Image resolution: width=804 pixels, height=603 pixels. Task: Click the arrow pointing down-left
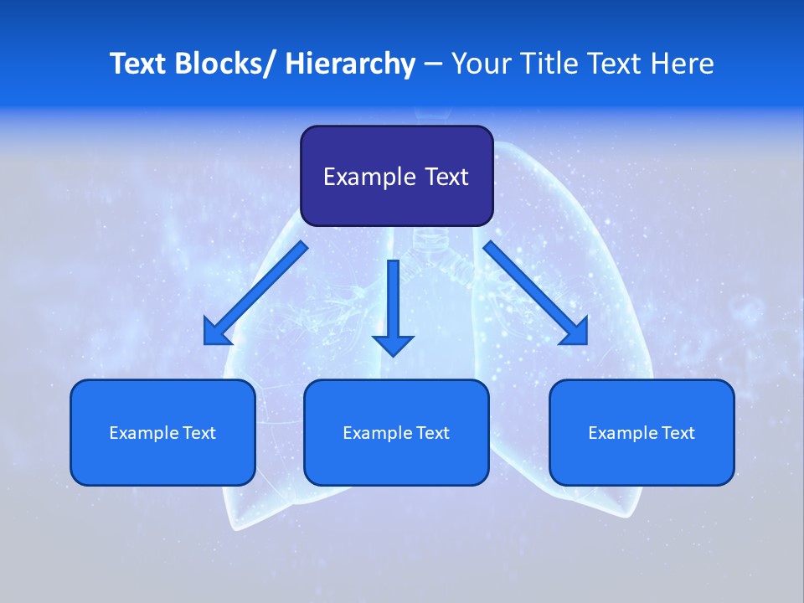click(255, 294)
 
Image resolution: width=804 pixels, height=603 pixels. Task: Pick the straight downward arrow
click(394, 306)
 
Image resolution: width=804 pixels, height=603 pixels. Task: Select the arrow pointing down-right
click(536, 294)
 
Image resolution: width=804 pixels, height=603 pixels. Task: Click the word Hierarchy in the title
click(350, 64)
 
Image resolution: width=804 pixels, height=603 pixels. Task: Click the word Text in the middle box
click(433, 433)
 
